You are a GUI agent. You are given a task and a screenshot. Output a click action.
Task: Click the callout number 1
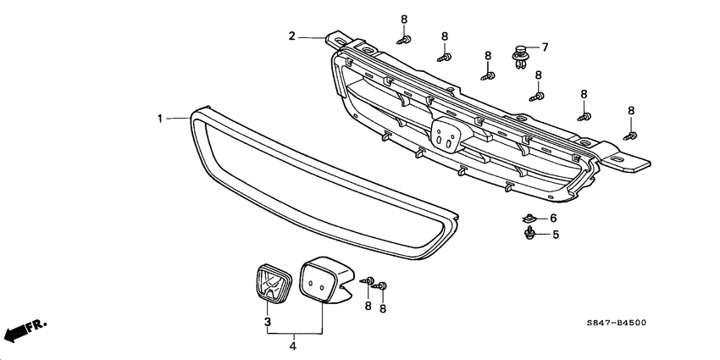(158, 119)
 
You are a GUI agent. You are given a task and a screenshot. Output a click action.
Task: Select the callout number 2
(291, 36)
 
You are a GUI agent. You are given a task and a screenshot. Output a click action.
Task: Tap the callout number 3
(267, 322)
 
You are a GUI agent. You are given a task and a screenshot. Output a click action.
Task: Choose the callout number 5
(556, 235)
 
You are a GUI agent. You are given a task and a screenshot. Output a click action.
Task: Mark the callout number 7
(545, 47)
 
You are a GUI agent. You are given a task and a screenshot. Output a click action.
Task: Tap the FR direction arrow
(24, 329)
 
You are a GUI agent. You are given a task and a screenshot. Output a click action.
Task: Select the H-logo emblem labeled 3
(269, 281)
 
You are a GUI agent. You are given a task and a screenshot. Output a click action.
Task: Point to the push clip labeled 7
(519, 56)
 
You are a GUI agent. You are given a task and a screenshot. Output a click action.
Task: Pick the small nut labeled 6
(528, 219)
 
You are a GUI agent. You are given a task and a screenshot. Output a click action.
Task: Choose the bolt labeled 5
(529, 234)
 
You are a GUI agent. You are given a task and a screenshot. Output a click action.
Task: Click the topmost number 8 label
(404, 19)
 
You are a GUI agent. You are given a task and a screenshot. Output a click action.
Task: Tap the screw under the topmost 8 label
(405, 39)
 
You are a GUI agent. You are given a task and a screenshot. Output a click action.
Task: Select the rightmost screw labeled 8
(629, 134)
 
